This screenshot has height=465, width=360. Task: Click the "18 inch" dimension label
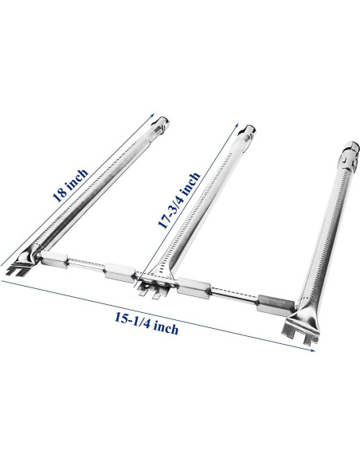(x=70, y=186)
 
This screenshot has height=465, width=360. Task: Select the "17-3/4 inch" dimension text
(x=179, y=201)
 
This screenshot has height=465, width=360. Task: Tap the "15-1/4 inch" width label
(x=147, y=325)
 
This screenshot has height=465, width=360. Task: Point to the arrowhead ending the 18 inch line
(x=152, y=115)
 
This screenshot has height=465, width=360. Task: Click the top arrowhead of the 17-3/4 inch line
(x=237, y=124)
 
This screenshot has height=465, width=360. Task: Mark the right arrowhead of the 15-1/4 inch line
(x=312, y=350)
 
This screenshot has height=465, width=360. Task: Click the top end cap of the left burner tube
(x=161, y=123)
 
